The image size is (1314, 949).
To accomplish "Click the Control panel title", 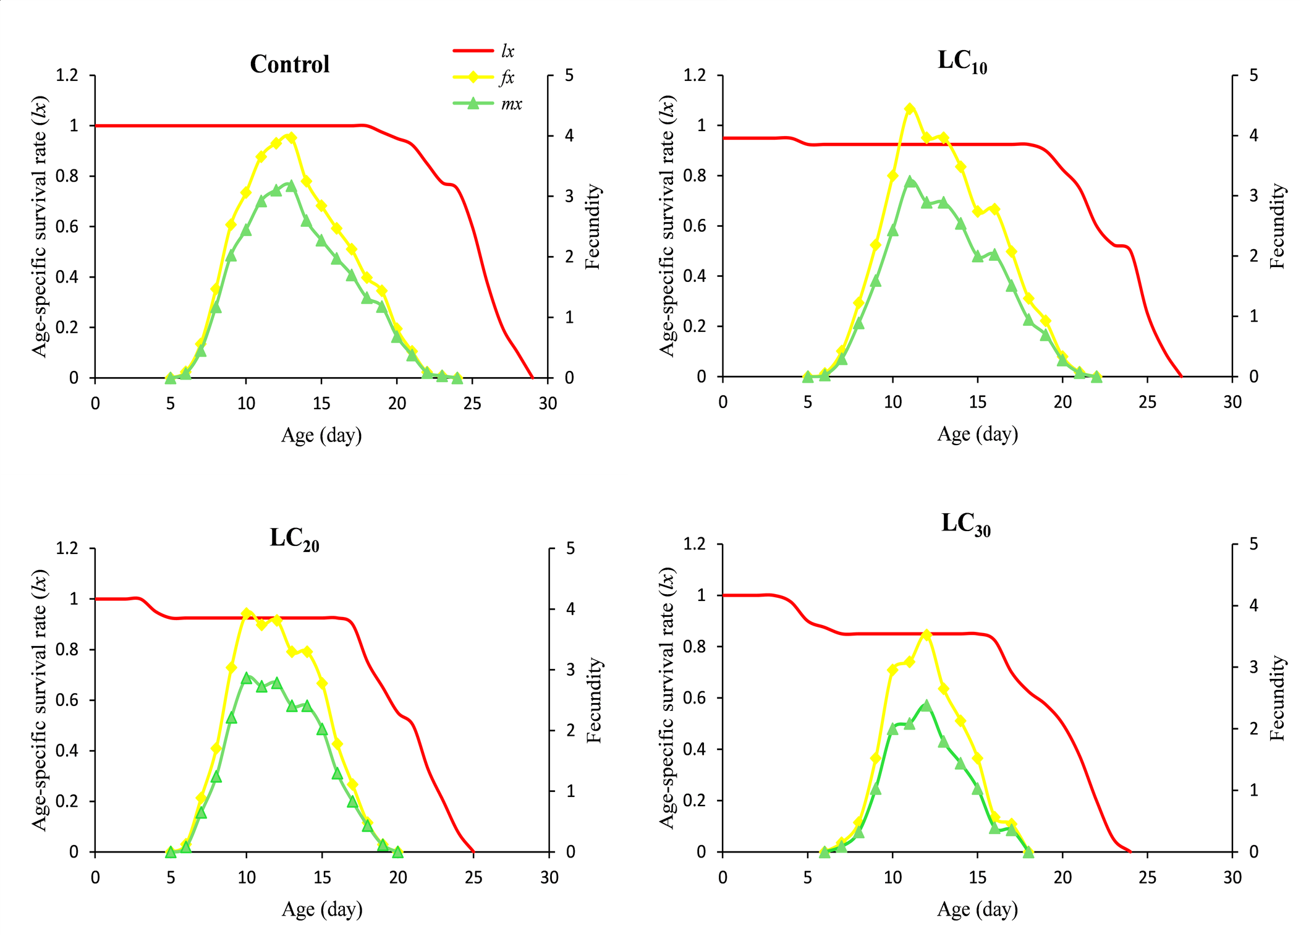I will pyautogui.click(x=289, y=64).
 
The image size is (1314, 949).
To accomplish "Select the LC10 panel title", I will pyautogui.click(x=962, y=62).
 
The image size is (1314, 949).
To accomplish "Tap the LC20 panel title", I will pyautogui.click(x=294, y=538).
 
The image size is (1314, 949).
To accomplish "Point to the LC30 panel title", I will pyautogui.click(x=965, y=524).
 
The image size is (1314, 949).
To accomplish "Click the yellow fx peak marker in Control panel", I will pyautogui.click(x=291, y=137).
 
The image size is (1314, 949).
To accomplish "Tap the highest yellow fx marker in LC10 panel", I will pyautogui.click(x=909, y=109).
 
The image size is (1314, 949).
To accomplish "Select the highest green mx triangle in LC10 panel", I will pyautogui.click(x=909, y=181).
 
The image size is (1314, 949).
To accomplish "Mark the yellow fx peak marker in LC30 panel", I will pyautogui.click(x=926, y=634).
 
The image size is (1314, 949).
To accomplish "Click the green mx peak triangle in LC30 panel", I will pyautogui.click(x=926, y=705).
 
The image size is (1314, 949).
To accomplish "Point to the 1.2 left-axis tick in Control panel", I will pyautogui.click(x=67, y=75).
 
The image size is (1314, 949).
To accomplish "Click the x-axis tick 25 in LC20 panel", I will pyautogui.click(x=473, y=877).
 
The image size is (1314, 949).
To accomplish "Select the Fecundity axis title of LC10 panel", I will pyautogui.click(x=1277, y=226).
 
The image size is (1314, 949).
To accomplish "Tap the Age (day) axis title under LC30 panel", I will pyautogui.click(x=977, y=909).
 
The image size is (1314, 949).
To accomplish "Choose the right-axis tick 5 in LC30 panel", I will pyautogui.click(x=1253, y=544).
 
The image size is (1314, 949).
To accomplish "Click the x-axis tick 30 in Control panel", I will pyautogui.click(x=548, y=404).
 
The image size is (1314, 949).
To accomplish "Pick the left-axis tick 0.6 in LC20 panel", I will pyautogui.click(x=67, y=700).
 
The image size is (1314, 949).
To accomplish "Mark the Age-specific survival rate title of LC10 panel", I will pyautogui.click(x=668, y=226).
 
